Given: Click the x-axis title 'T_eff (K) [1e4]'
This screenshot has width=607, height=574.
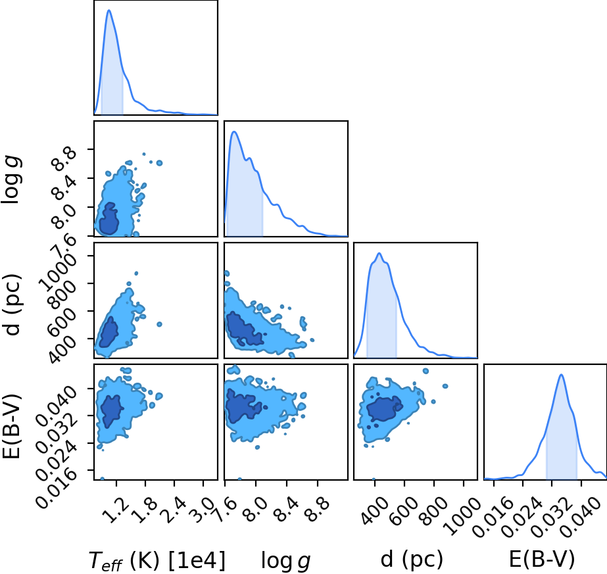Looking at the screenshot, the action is click(157, 560).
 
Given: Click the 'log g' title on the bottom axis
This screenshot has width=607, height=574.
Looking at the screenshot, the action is click(285, 560).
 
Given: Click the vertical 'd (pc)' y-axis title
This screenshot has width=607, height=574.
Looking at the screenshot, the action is click(12, 304).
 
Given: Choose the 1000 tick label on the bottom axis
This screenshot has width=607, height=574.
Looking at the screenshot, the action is click(462, 514).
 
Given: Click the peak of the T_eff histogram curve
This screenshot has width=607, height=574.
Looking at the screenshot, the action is click(109, 10).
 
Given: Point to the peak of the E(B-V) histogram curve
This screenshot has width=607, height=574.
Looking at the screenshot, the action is click(561, 374).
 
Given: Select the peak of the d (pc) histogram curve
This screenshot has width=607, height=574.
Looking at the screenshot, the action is click(379, 253).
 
